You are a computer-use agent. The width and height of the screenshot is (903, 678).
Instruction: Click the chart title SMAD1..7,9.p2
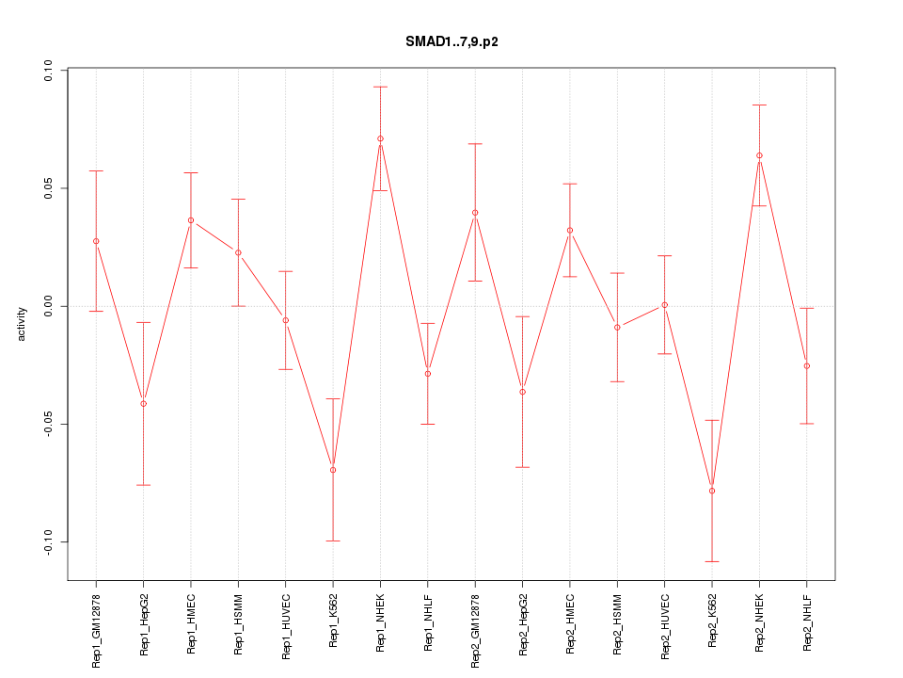click(451, 42)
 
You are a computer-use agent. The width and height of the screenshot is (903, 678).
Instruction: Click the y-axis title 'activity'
click(23, 324)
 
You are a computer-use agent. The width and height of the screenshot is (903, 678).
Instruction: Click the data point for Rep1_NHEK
click(380, 138)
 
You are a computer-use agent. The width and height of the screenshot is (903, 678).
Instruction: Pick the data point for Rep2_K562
click(712, 491)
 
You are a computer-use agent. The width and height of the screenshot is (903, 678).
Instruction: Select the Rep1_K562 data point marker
click(333, 470)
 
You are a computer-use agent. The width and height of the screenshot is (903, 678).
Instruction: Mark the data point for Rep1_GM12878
click(96, 241)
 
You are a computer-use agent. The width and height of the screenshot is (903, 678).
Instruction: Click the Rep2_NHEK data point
click(759, 155)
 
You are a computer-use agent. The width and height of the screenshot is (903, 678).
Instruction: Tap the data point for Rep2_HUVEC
click(665, 305)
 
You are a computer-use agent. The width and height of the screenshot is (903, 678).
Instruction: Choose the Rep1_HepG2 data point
click(143, 404)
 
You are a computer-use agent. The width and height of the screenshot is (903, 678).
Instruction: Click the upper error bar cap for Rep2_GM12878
click(475, 144)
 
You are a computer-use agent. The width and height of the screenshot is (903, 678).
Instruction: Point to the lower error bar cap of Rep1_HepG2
click(143, 485)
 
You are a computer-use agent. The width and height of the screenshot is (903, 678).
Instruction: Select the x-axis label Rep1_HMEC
click(191, 623)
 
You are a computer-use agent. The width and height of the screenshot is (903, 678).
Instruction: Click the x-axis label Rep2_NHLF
click(807, 623)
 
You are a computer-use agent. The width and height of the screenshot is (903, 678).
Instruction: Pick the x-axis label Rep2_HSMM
click(617, 625)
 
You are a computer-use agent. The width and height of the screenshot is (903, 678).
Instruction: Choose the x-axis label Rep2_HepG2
click(523, 625)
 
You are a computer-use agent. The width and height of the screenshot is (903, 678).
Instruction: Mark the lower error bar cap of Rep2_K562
click(712, 561)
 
